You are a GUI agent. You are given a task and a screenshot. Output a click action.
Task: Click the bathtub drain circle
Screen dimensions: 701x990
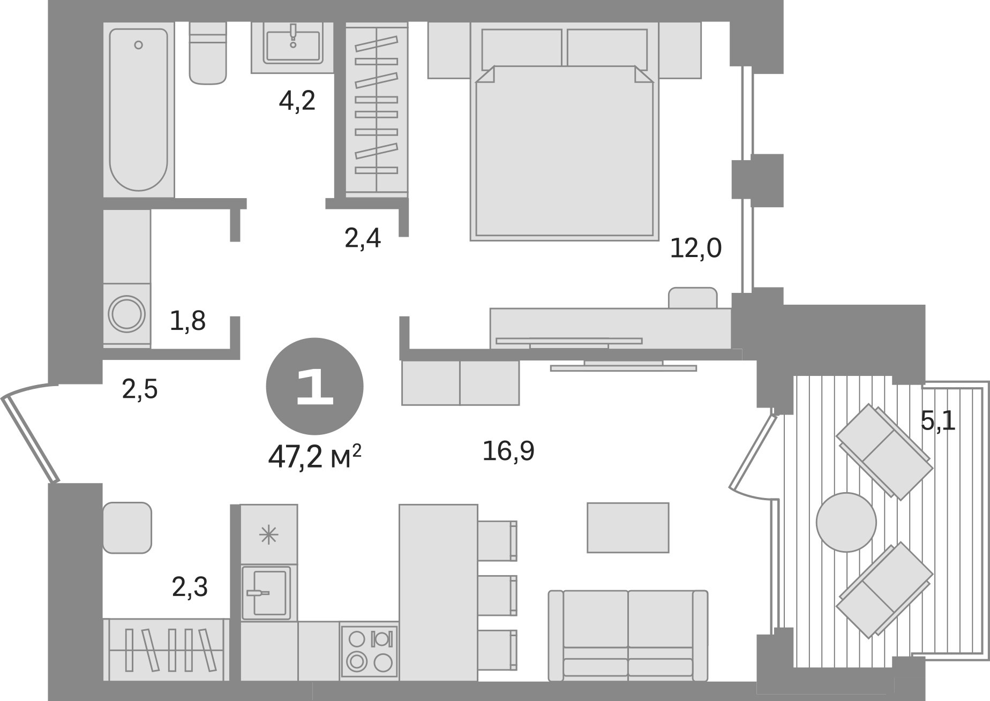pyautogui.click(x=139, y=45)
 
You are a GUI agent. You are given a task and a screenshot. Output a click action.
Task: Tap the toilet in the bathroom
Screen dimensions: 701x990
pyautogui.click(x=208, y=56)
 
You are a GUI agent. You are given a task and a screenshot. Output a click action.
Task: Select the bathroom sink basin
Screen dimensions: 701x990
pyautogui.click(x=293, y=44)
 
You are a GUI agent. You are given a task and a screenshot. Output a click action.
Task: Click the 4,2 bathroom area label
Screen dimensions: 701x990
pyautogui.click(x=297, y=101)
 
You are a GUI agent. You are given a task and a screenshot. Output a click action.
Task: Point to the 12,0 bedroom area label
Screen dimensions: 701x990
pyautogui.click(x=696, y=248)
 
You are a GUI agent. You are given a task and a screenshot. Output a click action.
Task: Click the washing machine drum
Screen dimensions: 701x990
pyautogui.click(x=127, y=314)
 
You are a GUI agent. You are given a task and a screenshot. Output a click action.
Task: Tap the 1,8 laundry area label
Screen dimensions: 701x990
pyautogui.click(x=187, y=321)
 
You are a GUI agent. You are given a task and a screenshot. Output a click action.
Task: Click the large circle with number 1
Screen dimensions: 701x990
pyautogui.click(x=314, y=386)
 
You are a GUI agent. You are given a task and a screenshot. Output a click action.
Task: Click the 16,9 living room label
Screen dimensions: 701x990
pyautogui.click(x=508, y=451)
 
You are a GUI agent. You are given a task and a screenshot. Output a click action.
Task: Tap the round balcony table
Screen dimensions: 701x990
pyautogui.click(x=846, y=522)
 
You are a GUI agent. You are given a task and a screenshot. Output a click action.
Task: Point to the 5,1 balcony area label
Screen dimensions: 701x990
pyautogui.click(x=938, y=421)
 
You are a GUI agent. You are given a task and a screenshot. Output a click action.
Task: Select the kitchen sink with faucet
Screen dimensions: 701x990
pyautogui.click(x=266, y=593)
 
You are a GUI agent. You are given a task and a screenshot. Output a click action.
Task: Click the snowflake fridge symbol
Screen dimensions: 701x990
pyautogui.click(x=268, y=535)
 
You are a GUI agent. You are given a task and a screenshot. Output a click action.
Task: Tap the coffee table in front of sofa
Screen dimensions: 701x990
pyautogui.click(x=628, y=527)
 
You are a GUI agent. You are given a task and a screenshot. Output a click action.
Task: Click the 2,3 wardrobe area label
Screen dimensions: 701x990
pyautogui.click(x=190, y=587)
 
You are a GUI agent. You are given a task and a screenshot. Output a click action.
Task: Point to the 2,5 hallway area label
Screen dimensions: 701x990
pyautogui.click(x=140, y=389)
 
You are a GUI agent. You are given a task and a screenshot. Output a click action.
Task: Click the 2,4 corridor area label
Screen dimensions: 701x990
pyautogui.click(x=363, y=239)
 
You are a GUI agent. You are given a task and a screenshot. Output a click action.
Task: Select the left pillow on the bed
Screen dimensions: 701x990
pyautogui.click(x=521, y=48)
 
